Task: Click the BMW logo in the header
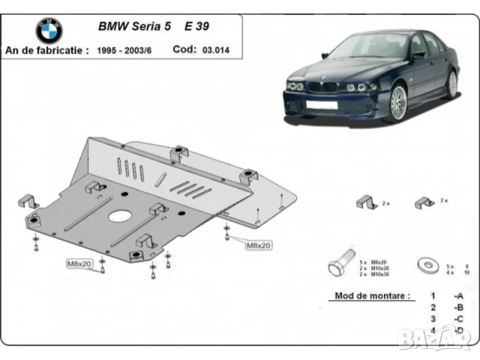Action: click(49, 31)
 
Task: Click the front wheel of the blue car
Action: click(396, 103)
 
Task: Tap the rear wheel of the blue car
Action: click(451, 83)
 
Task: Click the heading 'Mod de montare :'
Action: click(371, 296)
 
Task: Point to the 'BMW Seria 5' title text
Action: click(135, 25)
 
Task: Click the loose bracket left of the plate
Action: click(28, 201)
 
